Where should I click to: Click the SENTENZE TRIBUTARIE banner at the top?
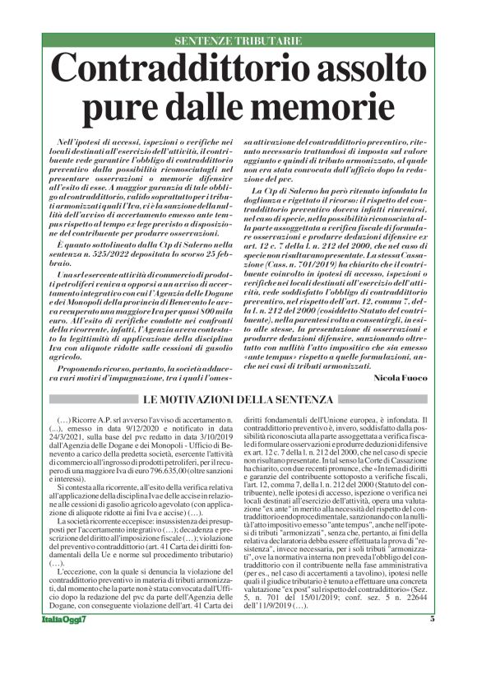coord(238,41)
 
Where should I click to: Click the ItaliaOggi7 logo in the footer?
coord(61,642)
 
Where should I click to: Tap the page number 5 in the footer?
coord(431,642)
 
